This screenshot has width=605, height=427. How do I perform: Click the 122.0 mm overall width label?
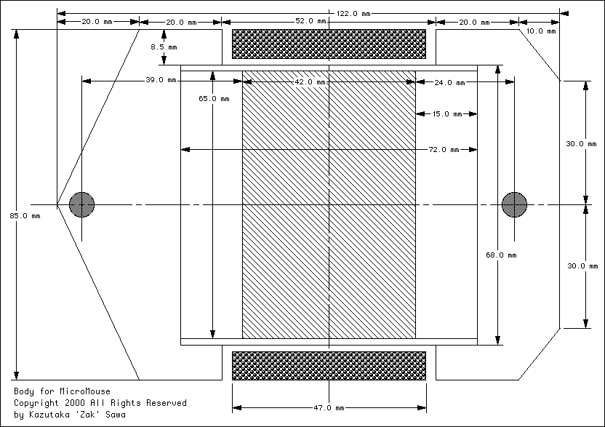coord(353,14)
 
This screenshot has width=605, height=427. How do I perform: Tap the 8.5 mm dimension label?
coord(164,47)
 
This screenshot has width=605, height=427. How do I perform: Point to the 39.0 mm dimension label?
coord(161,80)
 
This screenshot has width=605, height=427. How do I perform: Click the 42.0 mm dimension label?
coord(310,82)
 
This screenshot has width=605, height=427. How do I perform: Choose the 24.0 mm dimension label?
coord(449,83)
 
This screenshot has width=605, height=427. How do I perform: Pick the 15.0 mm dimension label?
coord(447,114)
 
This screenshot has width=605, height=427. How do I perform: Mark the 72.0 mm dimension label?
coord(444,150)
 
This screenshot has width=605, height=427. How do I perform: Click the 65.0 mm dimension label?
coord(214,99)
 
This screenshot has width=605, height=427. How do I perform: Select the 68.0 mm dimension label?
coord(501,255)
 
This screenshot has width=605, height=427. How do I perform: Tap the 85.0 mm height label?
coord(25,216)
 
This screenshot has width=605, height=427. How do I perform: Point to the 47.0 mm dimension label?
coord(329,408)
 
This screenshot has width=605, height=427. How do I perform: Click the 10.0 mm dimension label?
coord(541,31)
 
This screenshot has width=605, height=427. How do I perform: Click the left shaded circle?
coord(81,204)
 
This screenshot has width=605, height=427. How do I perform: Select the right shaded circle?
coord(514,204)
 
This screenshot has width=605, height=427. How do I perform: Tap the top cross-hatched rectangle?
coord(329,44)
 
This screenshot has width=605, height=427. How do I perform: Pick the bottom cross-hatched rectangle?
coord(329,366)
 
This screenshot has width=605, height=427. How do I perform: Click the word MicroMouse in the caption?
coord(85,391)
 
